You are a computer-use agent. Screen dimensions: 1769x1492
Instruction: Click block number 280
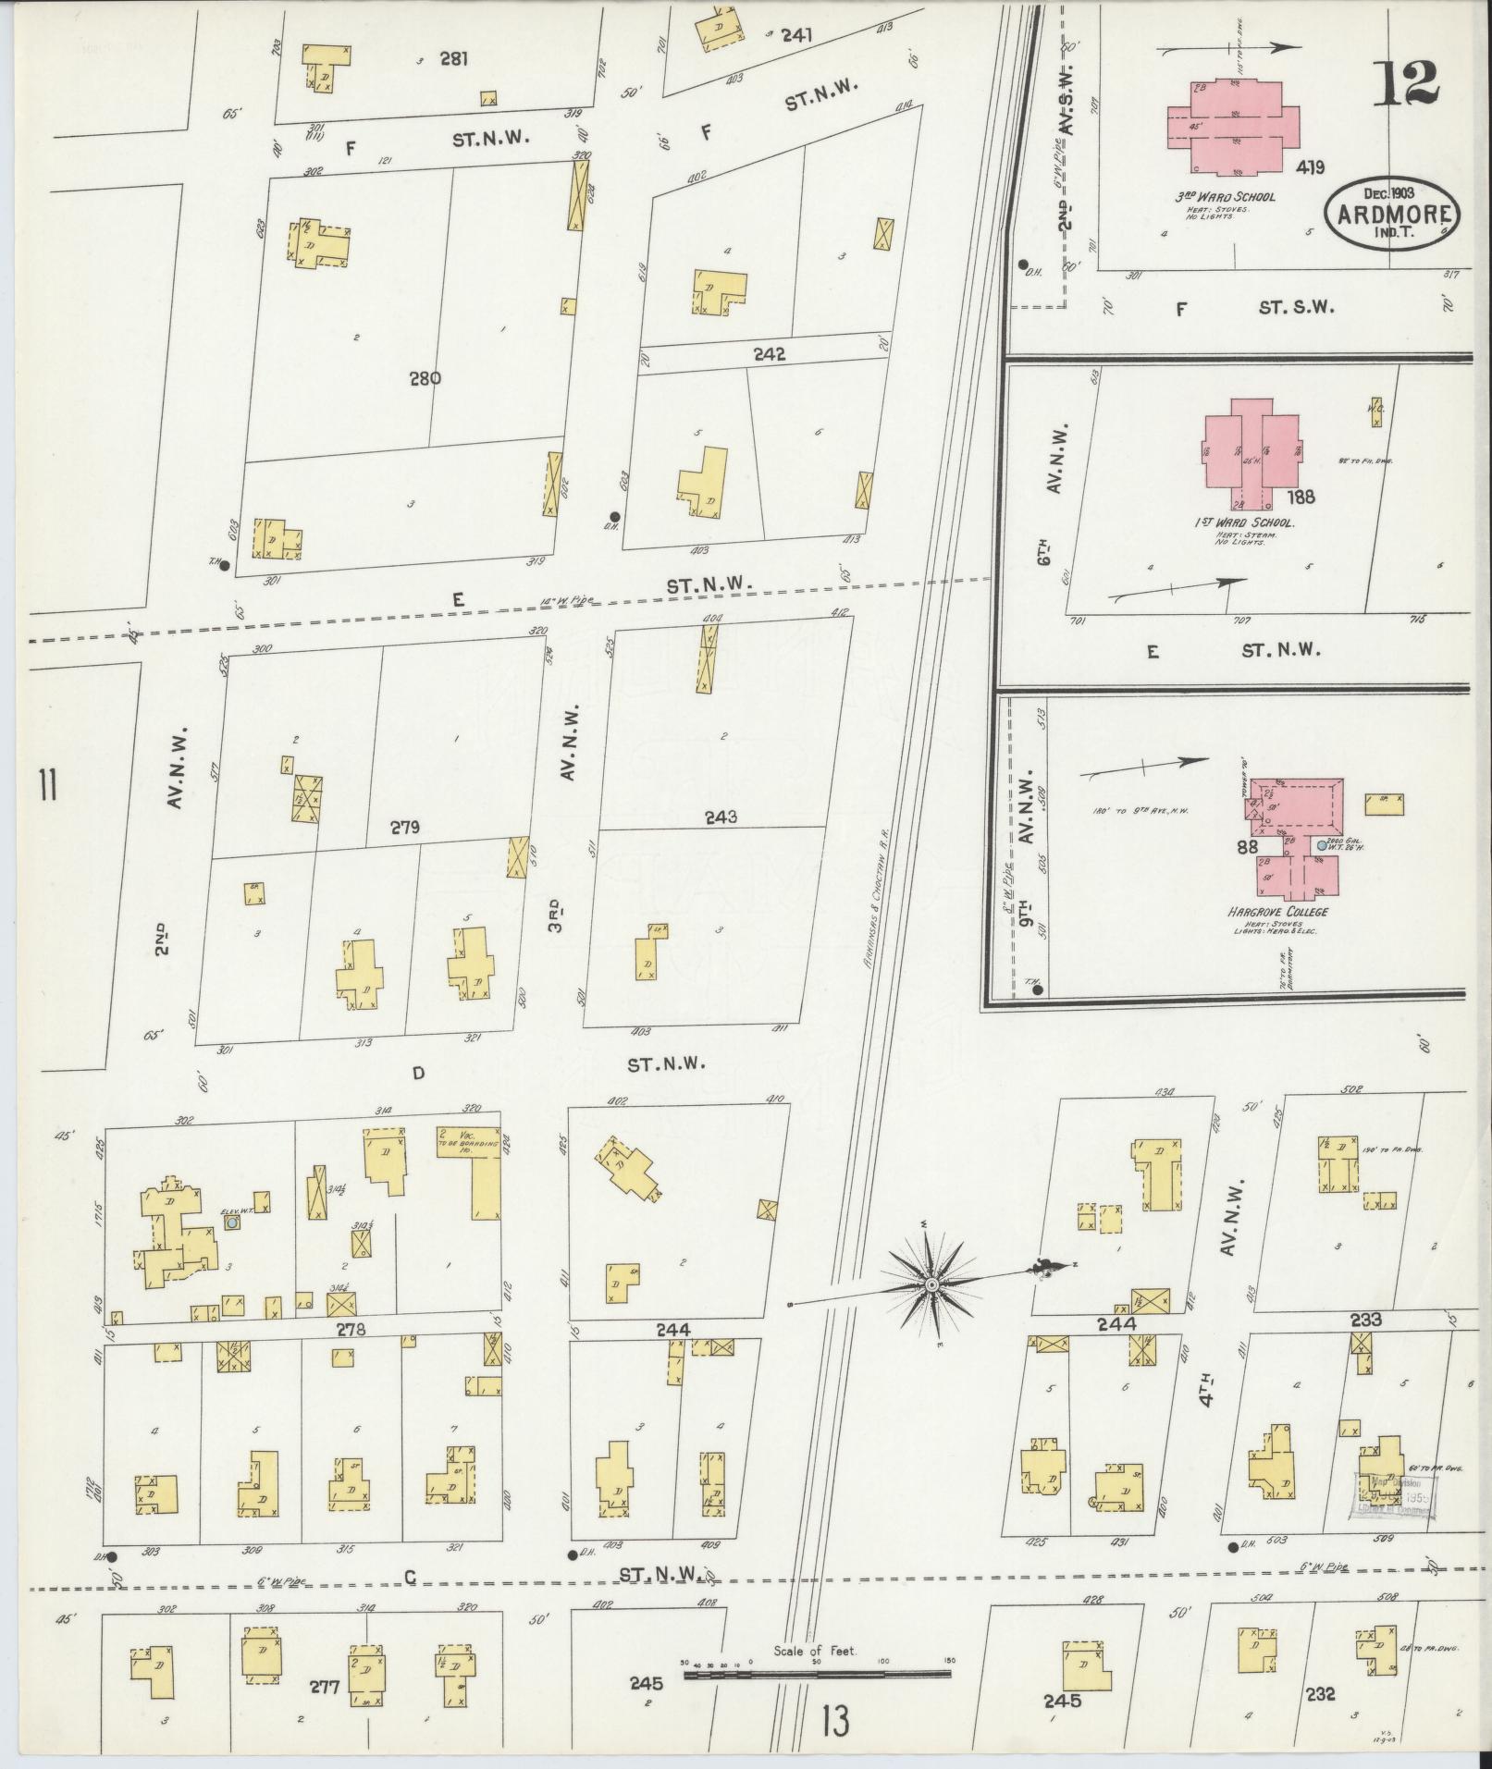(428, 377)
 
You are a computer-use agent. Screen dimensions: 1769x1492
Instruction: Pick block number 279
(405, 827)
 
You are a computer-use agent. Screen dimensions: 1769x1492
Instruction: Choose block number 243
(721, 817)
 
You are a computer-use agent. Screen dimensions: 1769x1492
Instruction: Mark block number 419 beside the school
(1310, 167)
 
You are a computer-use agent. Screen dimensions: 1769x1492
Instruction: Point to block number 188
(1299, 497)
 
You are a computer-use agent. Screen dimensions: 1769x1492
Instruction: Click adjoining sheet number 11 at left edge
(47, 787)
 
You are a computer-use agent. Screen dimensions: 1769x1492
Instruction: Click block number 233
(1365, 1320)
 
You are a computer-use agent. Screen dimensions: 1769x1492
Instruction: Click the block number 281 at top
(453, 59)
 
